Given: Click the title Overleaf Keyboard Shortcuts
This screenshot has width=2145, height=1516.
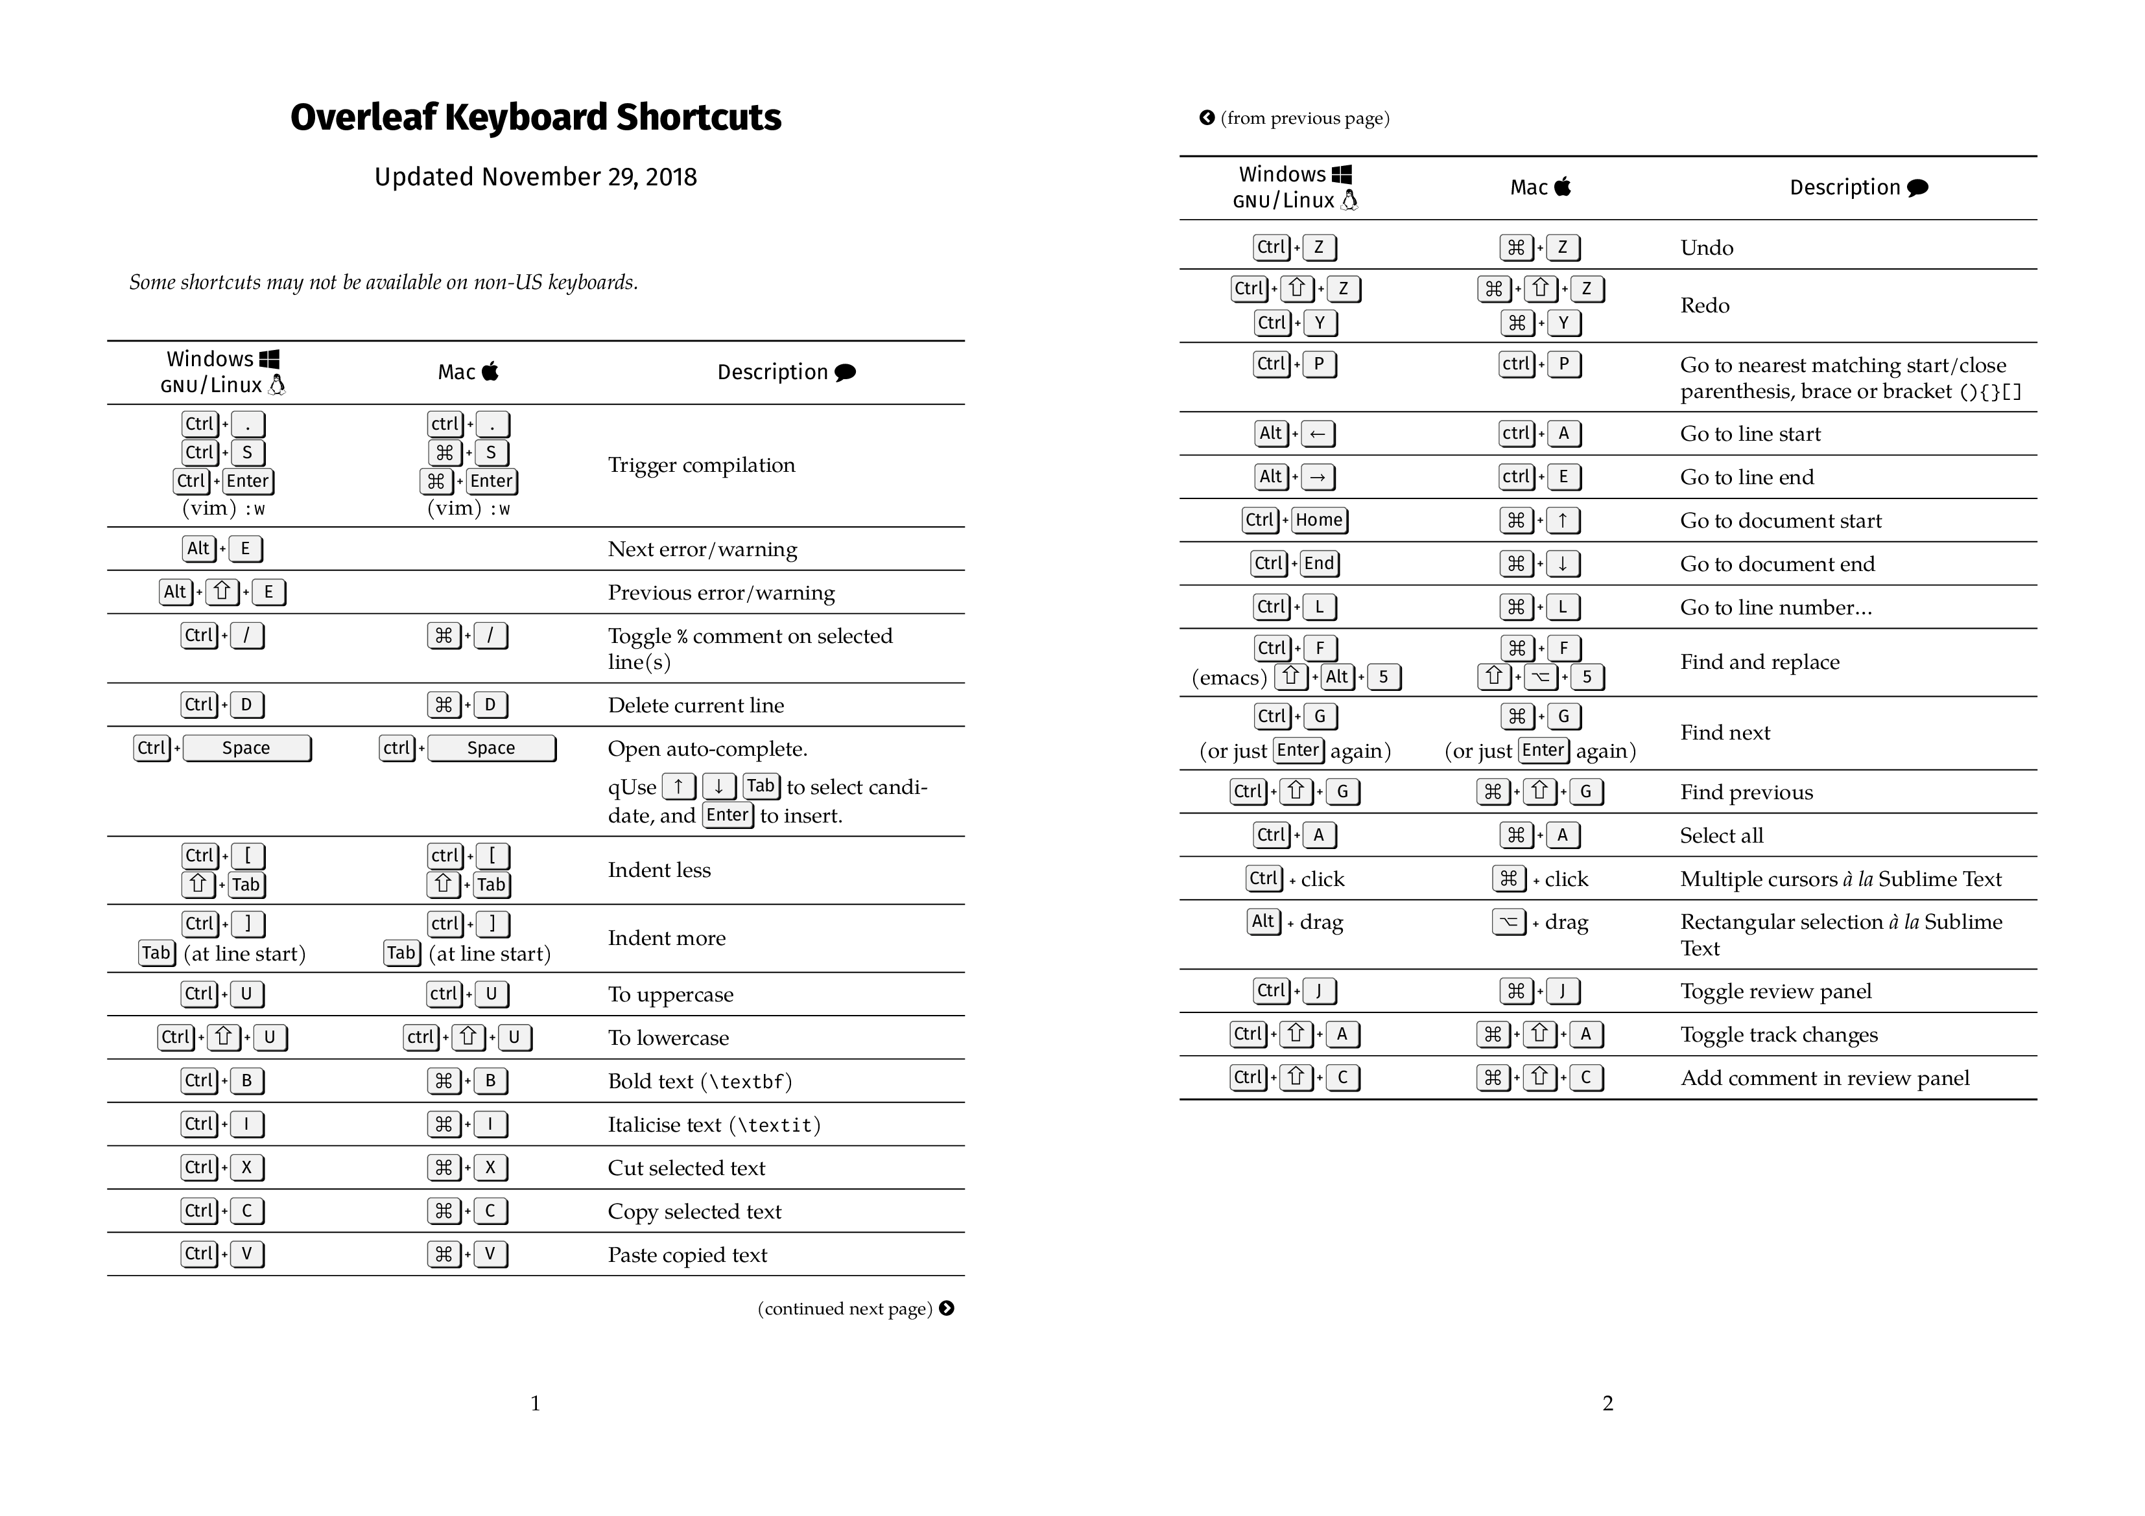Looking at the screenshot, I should pyautogui.click(x=536, y=118).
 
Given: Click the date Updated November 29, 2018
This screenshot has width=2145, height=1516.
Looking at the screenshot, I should pyautogui.click(x=536, y=178).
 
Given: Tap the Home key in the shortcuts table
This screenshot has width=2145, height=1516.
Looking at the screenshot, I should pyautogui.click(x=1319, y=520).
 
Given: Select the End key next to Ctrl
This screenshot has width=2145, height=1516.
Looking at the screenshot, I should pyautogui.click(x=1319, y=563).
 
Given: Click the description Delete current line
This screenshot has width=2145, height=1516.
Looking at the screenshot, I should pyautogui.click(x=696, y=705).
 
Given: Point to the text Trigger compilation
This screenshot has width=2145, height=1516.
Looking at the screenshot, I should pyautogui.click(x=702, y=465).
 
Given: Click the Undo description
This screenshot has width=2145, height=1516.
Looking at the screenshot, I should pyautogui.click(x=1707, y=248).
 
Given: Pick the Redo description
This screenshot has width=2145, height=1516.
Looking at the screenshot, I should pyautogui.click(x=1705, y=305).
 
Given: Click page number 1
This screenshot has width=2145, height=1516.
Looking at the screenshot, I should pyautogui.click(x=536, y=1403).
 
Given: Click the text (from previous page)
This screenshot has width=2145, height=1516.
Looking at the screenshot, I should pyautogui.click(x=1304, y=119).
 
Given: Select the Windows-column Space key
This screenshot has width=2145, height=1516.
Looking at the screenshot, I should pyautogui.click(x=246, y=748).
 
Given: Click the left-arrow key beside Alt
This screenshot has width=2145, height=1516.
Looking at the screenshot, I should pyautogui.click(x=1317, y=434).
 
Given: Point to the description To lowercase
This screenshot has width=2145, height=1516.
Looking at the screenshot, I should pyautogui.click(x=668, y=1038).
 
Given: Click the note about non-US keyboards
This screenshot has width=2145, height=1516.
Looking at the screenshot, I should pyautogui.click(x=384, y=282).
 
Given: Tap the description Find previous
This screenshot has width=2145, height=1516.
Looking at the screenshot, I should pyautogui.click(x=1746, y=792).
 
